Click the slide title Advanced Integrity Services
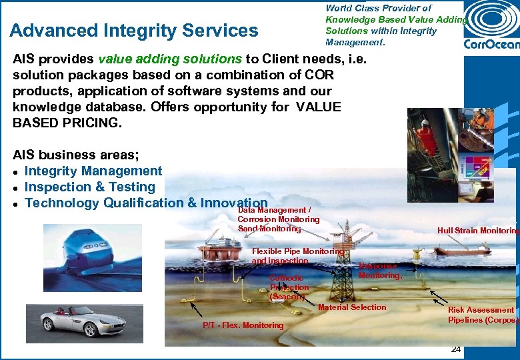[134, 31]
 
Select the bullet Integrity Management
[93, 171]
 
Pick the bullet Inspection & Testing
[89, 187]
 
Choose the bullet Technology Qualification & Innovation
[145, 203]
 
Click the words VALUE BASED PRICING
[177, 115]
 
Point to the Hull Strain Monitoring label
[477, 231]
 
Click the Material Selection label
[352, 307]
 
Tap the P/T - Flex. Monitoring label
[243, 325]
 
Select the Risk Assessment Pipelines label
[481, 315]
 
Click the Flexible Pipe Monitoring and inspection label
[297, 256]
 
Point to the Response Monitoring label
[379, 271]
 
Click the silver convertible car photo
[75, 323]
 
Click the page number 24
[456, 349]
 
